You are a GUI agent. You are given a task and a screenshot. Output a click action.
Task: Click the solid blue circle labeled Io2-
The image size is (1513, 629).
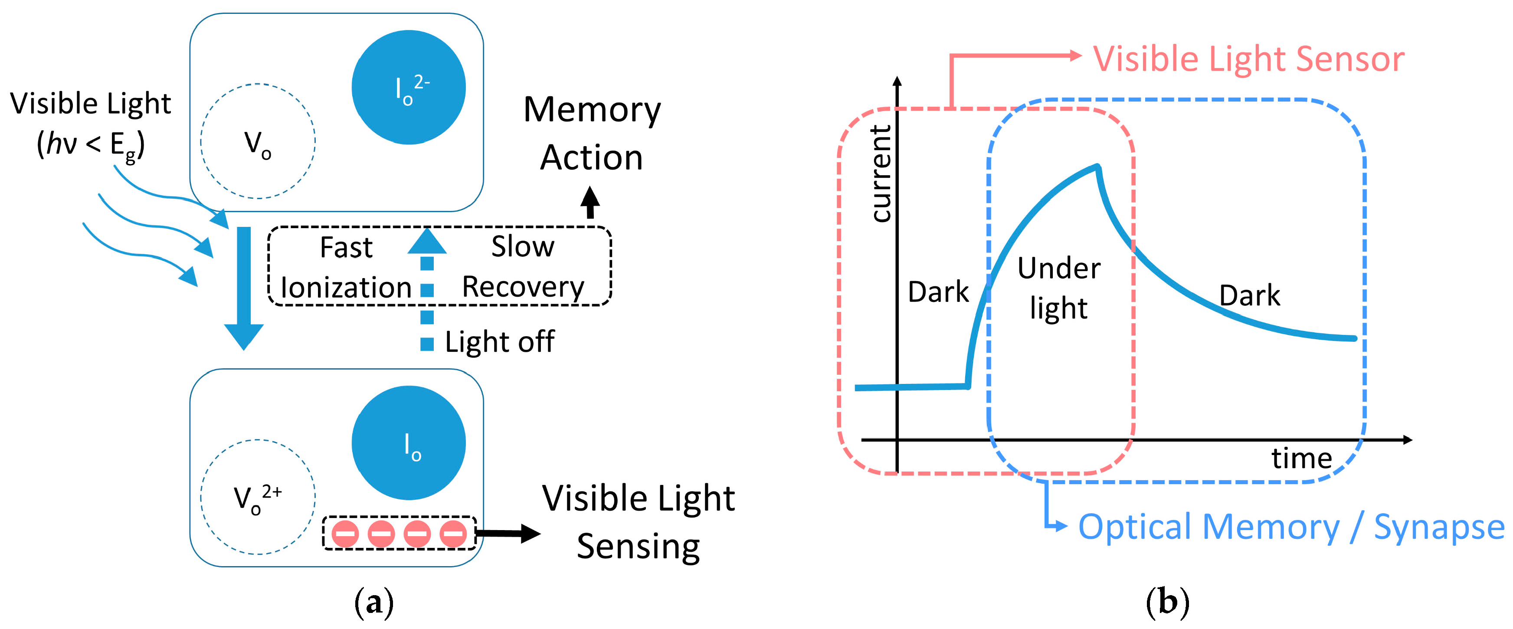[409, 88]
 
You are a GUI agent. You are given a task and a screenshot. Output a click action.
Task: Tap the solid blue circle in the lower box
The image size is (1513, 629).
[409, 443]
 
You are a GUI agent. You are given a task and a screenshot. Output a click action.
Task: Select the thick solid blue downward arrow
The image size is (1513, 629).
[244, 288]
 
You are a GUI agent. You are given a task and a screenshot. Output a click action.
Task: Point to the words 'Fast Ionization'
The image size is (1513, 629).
[347, 267]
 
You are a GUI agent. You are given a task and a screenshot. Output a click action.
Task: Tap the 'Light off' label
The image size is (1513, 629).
[499, 342]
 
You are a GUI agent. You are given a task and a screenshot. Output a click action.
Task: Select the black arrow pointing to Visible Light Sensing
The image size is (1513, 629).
[508, 533]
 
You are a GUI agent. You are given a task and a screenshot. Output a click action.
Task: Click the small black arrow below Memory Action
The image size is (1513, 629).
[590, 202]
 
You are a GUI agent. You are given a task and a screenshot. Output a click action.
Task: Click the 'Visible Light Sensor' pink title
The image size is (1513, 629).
[1249, 59]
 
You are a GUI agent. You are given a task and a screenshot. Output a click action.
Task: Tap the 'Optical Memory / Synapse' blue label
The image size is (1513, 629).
[1291, 527]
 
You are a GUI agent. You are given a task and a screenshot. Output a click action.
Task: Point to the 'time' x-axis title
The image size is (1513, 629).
[1302, 458]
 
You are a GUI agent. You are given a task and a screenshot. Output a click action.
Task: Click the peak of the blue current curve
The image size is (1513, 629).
[1097, 167]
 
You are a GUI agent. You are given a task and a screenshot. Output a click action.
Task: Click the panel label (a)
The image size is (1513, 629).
[374, 603]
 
